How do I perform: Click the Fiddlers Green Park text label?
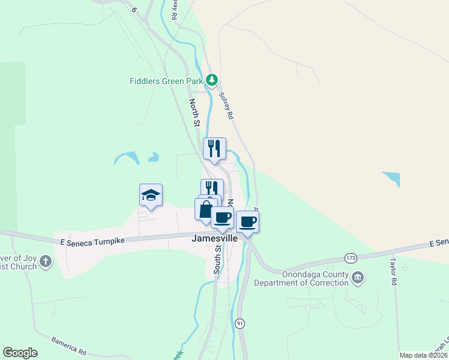166,80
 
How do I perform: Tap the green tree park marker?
211,79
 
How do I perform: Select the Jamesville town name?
214,238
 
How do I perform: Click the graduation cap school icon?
151,195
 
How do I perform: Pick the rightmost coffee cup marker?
247,222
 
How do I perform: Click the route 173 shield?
351,258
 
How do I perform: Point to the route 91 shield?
240,323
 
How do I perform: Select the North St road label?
194,113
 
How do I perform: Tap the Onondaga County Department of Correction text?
301,278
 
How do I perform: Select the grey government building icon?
358,277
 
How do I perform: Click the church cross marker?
47,262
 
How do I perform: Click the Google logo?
20,353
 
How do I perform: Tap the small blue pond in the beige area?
391,178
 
